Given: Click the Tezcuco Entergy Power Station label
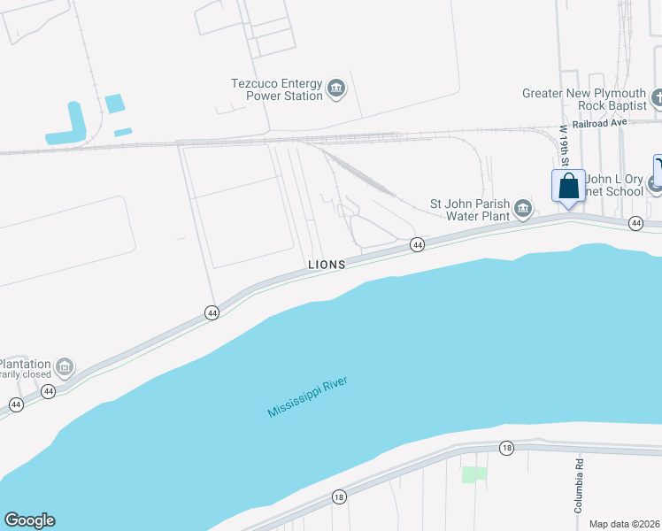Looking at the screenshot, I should pyautogui.click(x=276, y=89).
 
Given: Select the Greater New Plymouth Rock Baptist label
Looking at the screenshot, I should pyautogui.click(x=583, y=99).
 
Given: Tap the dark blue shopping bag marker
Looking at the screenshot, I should pyautogui.click(x=568, y=188).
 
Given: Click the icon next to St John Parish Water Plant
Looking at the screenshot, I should pyautogui.click(x=523, y=208).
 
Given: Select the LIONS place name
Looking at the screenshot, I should pyautogui.click(x=326, y=265).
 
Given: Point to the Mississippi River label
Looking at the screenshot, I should pyautogui.click(x=308, y=398).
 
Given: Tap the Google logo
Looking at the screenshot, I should pyautogui.click(x=29, y=520).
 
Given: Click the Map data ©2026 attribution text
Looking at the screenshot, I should pyautogui.click(x=623, y=523).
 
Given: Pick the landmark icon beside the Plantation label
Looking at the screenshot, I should pyautogui.click(x=64, y=366).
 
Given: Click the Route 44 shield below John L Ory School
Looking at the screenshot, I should pyautogui.click(x=635, y=224).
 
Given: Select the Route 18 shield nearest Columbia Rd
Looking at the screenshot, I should pyautogui.click(x=506, y=448).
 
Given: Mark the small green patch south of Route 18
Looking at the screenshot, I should pyautogui.click(x=474, y=474).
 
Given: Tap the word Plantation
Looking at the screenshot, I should pyautogui.click(x=25, y=365).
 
